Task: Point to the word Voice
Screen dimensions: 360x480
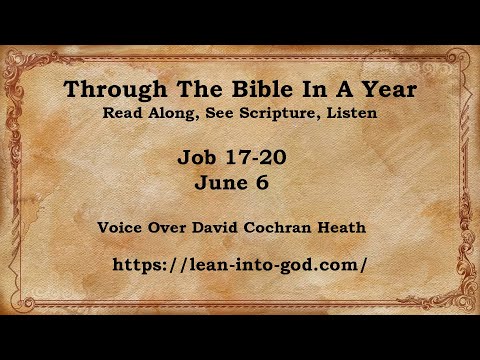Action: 121,227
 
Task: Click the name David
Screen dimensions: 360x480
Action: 216,227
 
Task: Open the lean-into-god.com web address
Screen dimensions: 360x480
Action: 241,265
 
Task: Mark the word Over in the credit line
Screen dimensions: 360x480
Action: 168,227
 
